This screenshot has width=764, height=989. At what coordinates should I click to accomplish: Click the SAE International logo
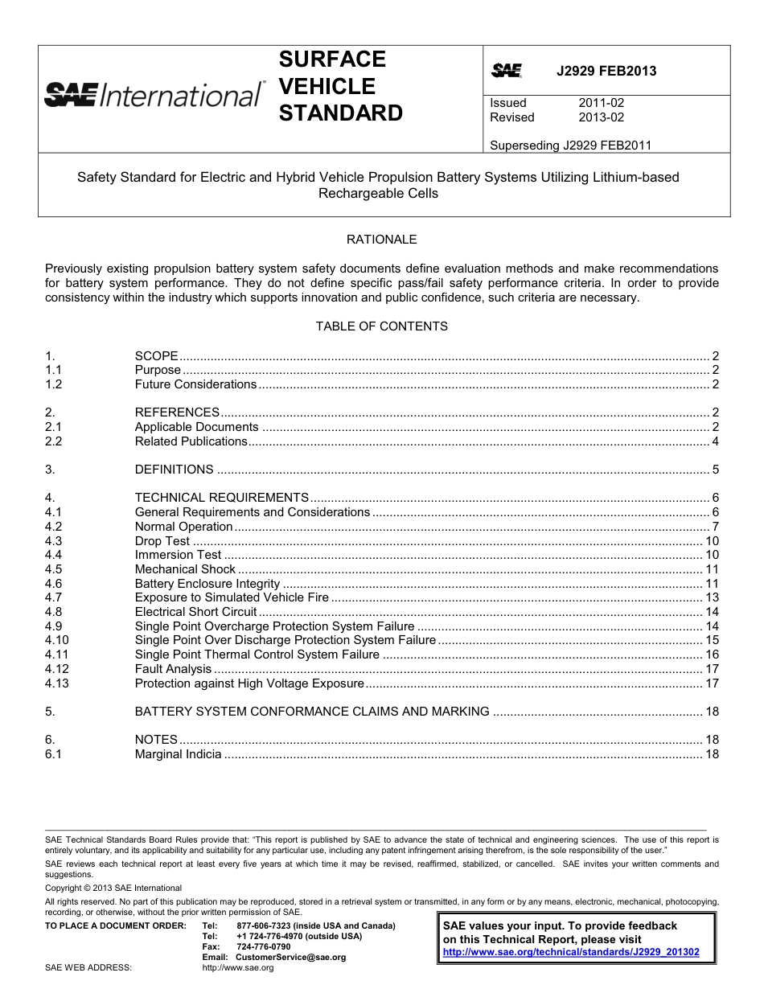click(153, 95)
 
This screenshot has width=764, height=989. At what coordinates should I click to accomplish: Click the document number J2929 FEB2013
click(606, 71)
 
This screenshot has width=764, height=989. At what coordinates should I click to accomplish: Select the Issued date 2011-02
click(601, 103)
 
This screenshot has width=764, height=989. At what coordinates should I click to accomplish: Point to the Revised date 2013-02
click(601, 117)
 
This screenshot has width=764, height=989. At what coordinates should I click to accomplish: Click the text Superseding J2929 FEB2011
click(570, 146)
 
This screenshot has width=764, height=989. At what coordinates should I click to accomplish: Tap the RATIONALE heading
click(381, 240)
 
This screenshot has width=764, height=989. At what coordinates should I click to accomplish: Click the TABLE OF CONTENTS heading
click(381, 326)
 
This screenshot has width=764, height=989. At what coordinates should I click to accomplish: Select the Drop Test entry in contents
click(162, 541)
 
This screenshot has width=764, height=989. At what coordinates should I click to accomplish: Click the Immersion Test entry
click(178, 555)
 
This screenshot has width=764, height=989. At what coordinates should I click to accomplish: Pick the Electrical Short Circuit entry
click(195, 612)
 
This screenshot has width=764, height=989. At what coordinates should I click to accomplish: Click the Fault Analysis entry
click(173, 669)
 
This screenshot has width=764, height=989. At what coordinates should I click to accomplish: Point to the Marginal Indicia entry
click(178, 754)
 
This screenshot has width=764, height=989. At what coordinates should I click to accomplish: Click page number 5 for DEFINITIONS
click(715, 470)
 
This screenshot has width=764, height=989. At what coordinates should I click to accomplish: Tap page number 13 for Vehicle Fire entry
click(712, 597)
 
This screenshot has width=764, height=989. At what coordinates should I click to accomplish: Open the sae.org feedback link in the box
click(571, 952)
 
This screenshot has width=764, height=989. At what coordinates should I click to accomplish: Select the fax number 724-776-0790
click(264, 946)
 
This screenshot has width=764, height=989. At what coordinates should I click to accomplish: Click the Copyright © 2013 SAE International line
click(102, 888)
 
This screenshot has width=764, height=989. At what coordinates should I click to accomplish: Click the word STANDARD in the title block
click(340, 113)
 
